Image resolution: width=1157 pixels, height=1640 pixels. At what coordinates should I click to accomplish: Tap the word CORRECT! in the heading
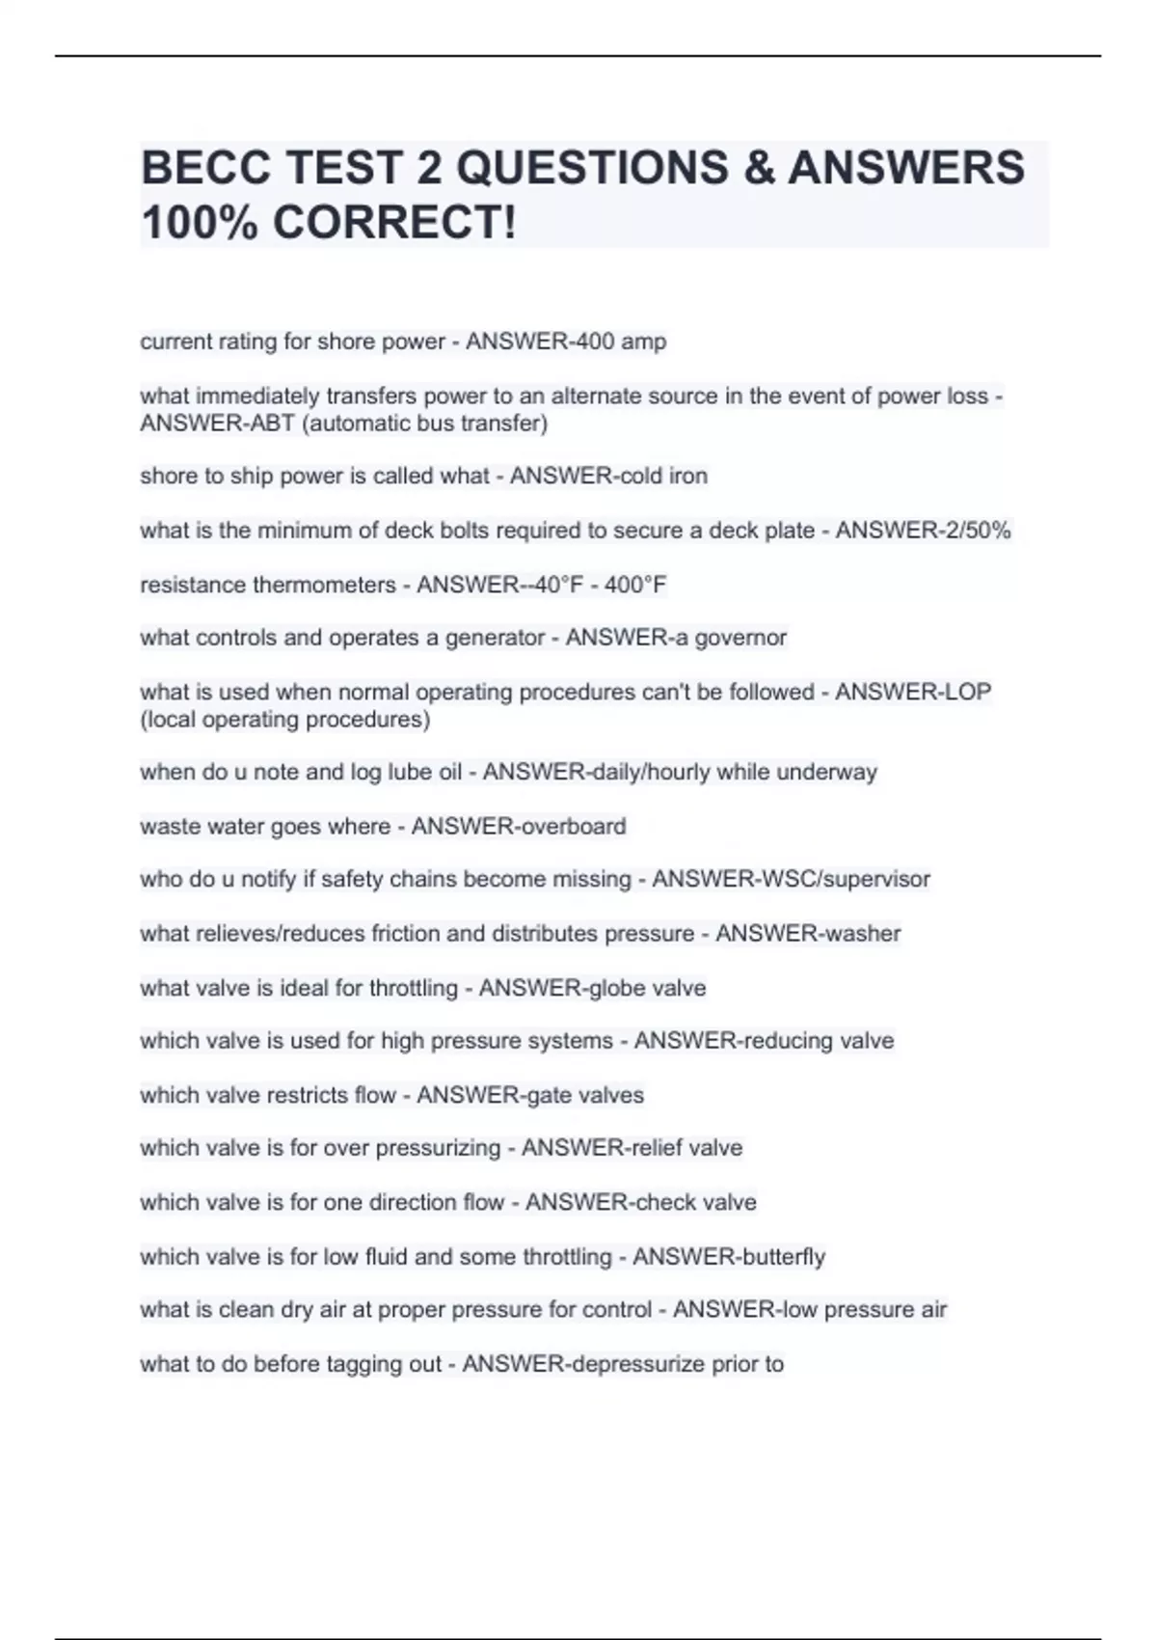tap(394, 223)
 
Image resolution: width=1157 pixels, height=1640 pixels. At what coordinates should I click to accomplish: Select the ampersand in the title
tap(759, 168)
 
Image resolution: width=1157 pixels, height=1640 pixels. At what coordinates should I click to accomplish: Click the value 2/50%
tap(973, 531)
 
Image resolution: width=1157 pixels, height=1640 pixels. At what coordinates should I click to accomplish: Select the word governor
tap(741, 638)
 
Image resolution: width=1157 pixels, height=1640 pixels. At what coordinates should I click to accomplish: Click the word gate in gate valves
tap(552, 1095)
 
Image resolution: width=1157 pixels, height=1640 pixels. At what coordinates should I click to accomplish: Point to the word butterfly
tap(783, 1257)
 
